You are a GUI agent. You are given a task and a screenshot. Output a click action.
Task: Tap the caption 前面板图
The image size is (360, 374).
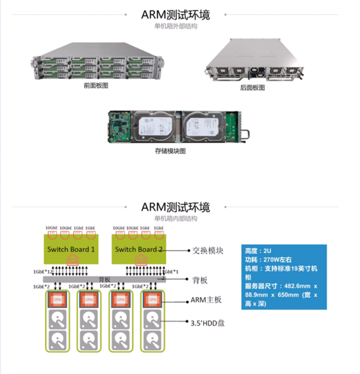point(96,86)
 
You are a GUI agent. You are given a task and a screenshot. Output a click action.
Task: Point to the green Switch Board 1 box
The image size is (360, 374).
point(71,249)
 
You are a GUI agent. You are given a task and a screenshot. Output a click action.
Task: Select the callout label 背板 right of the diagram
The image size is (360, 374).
point(200,280)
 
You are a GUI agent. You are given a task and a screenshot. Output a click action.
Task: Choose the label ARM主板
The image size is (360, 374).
point(206,300)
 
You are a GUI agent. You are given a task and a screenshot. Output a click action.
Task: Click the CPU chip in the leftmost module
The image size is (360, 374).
point(58,299)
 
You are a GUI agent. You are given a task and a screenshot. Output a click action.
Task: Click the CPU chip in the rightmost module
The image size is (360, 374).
point(152,299)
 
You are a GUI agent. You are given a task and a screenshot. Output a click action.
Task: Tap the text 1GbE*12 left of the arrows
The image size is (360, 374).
point(43,272)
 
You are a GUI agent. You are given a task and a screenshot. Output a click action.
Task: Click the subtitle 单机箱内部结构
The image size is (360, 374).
point(176,218)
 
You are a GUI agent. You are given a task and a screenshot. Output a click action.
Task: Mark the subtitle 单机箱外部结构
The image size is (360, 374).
point(176,26)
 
